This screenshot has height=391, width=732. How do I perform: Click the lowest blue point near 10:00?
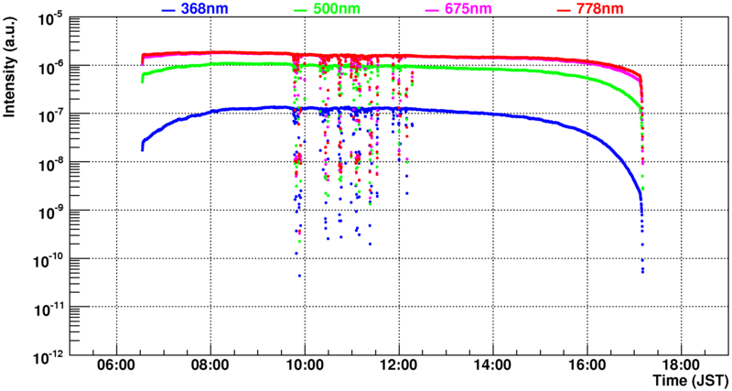(x=298, y=275)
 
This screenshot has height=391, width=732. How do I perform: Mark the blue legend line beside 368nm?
(x=167, y=10)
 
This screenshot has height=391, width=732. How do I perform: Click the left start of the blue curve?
(x=142, y=148)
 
